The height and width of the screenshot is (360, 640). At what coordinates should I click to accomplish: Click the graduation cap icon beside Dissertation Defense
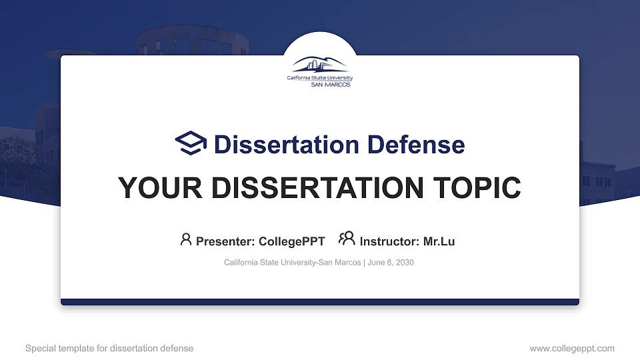191,144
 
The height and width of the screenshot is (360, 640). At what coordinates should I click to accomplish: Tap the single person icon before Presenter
186,239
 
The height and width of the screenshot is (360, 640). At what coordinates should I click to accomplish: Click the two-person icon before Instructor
347,239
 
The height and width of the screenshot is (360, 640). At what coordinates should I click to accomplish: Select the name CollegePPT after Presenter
291,241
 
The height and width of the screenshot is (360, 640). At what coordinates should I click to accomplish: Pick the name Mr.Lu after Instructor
439,241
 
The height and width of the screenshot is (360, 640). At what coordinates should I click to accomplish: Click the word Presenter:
225,241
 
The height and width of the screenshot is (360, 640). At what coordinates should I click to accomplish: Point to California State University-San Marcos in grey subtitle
292,263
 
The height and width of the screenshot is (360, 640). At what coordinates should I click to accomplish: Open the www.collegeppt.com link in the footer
571,348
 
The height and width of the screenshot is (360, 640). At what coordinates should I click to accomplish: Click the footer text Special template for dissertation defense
109,348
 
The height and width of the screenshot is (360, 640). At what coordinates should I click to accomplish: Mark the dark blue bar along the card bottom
320,302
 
